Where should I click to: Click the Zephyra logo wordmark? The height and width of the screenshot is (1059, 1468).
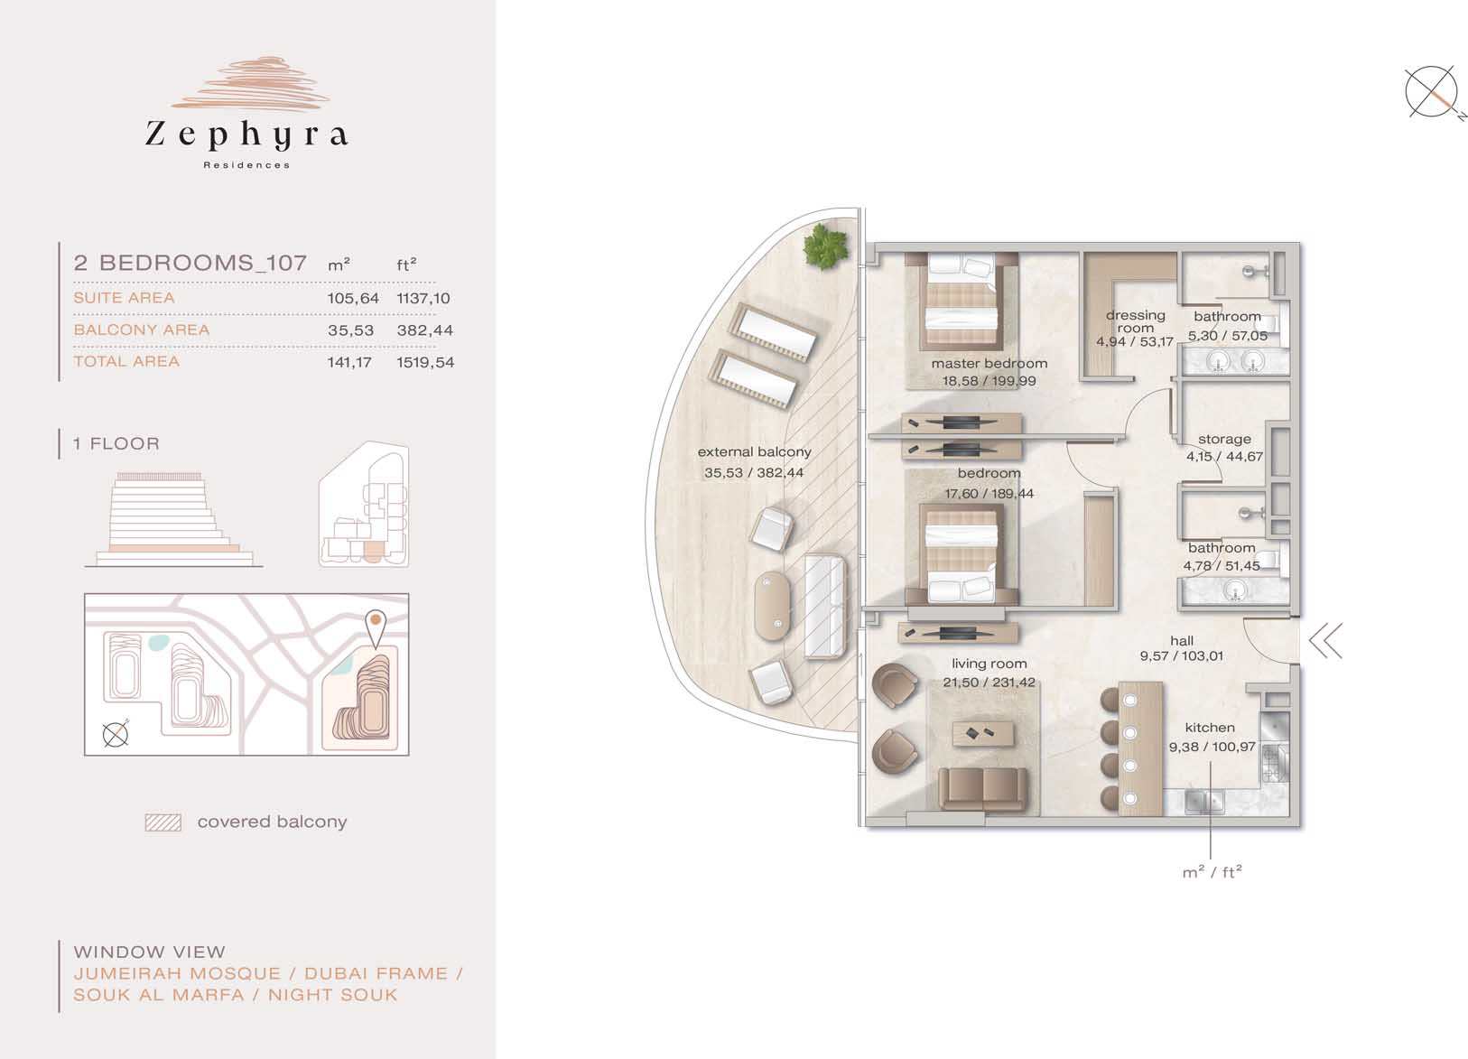[x=246, y=135]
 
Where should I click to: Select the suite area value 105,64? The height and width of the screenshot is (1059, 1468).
[x=353, y=298]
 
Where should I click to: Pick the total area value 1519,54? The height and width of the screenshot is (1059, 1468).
[x=425, y=362]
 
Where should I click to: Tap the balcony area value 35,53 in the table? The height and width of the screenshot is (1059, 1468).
[x=350, y=330]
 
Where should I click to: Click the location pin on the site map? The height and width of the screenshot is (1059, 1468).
[x=376, y=628]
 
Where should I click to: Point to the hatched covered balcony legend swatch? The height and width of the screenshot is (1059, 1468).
[x=163, y=822]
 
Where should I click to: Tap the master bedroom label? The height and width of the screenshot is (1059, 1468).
[x=989, y=363]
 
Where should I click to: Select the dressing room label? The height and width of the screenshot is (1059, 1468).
[x=1135, y=321]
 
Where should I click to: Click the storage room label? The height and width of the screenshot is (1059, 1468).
[x=1224, y=439]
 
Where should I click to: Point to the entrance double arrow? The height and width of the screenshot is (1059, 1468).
[x=1325, y=640]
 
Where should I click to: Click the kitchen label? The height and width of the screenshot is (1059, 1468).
[x=1210, y=728]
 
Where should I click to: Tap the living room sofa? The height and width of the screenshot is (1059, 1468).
[x=983, y=788]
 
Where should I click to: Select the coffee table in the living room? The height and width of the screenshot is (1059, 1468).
[x=983, y=734]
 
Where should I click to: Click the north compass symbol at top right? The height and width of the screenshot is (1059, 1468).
[x=1431, y=92]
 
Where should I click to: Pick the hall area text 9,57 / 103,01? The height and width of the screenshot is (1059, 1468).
[x=1182, y=656]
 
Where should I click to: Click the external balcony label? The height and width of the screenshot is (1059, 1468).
[x=755, y=451]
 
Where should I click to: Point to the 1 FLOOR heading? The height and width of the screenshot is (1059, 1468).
[x=116, y=443]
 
